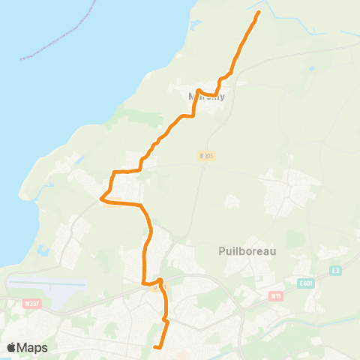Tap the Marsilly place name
206,96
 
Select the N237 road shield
31,303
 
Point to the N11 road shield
275,295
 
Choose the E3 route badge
335,271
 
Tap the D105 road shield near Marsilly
207,155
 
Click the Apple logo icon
12,347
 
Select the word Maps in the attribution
34,347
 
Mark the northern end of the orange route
259,13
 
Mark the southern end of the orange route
154,346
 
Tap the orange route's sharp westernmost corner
101,199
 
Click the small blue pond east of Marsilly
310,69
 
